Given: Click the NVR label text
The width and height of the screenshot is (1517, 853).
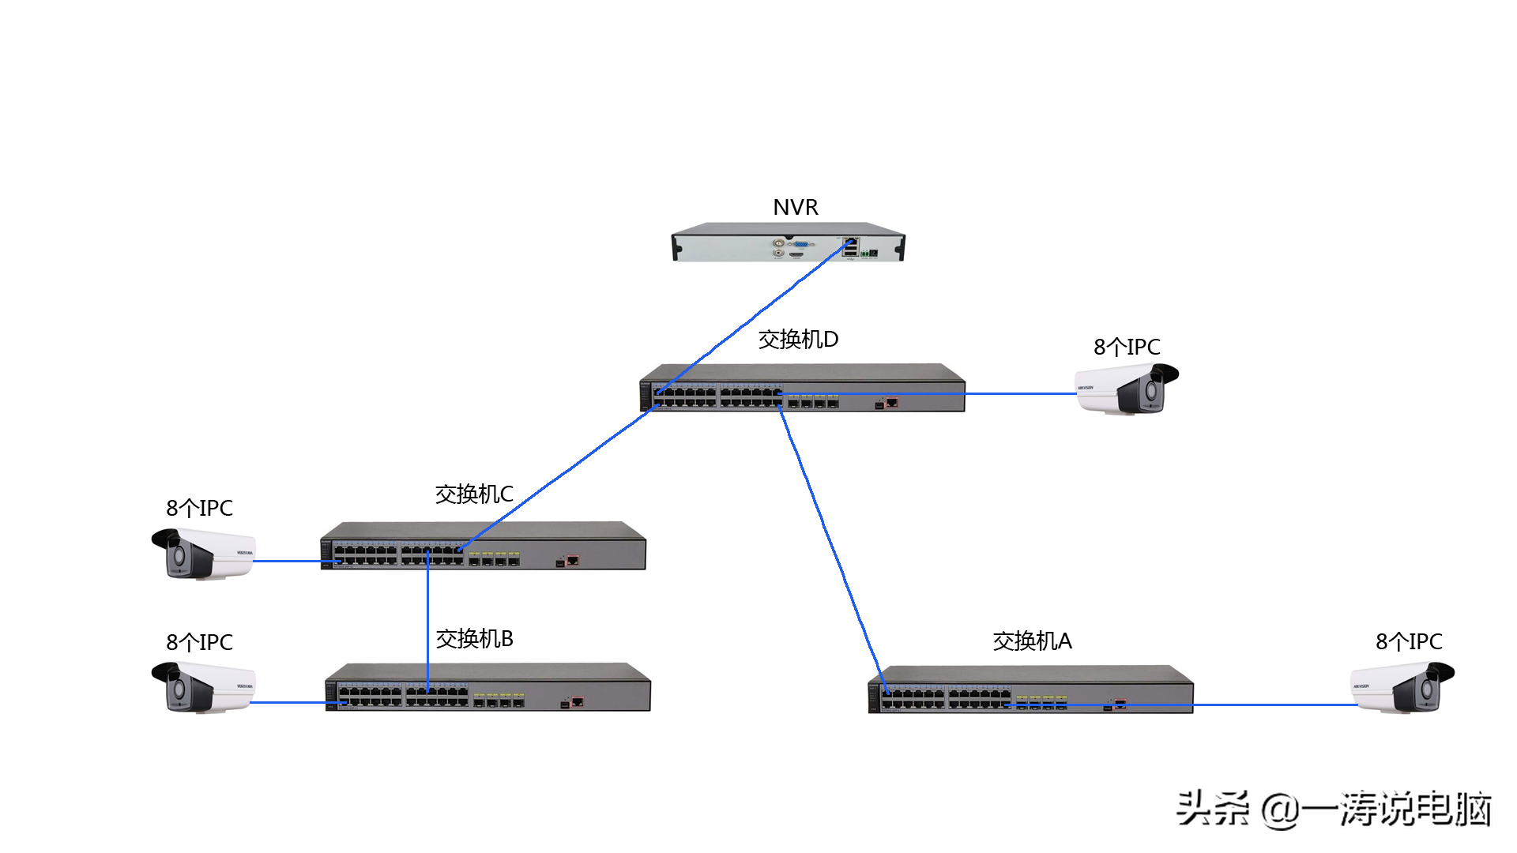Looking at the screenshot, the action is pos(795,207).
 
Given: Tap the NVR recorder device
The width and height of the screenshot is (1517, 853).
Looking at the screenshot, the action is pos(788,242).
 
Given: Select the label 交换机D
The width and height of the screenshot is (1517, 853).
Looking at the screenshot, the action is pos(798,340).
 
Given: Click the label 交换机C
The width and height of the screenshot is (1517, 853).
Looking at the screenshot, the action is pos(474,494).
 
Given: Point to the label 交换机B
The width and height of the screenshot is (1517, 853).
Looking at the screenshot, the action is pos(474,639).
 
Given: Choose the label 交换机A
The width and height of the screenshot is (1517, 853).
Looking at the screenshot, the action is pos(1032,641).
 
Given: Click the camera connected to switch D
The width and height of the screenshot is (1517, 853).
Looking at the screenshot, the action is pos(1127,389).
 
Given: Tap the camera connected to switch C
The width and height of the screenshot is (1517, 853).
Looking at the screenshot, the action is pos(203,554).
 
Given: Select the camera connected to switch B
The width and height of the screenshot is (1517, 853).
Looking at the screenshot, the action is pos(203,688).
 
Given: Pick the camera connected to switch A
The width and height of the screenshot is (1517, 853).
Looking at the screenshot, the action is pos(1402,688).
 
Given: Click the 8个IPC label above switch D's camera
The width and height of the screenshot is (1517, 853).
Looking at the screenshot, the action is pos(1127,347).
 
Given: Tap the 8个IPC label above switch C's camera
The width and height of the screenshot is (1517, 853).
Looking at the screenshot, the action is pos(199,508).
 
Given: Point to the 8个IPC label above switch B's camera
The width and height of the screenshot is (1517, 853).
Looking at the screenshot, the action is pos(199,642).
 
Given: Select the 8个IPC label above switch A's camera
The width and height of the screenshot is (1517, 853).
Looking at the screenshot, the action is pos(1409,641).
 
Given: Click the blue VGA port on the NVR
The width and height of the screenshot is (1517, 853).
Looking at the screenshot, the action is pos(800,244).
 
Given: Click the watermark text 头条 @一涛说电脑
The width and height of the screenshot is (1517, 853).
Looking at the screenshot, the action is pos(1334,809).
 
